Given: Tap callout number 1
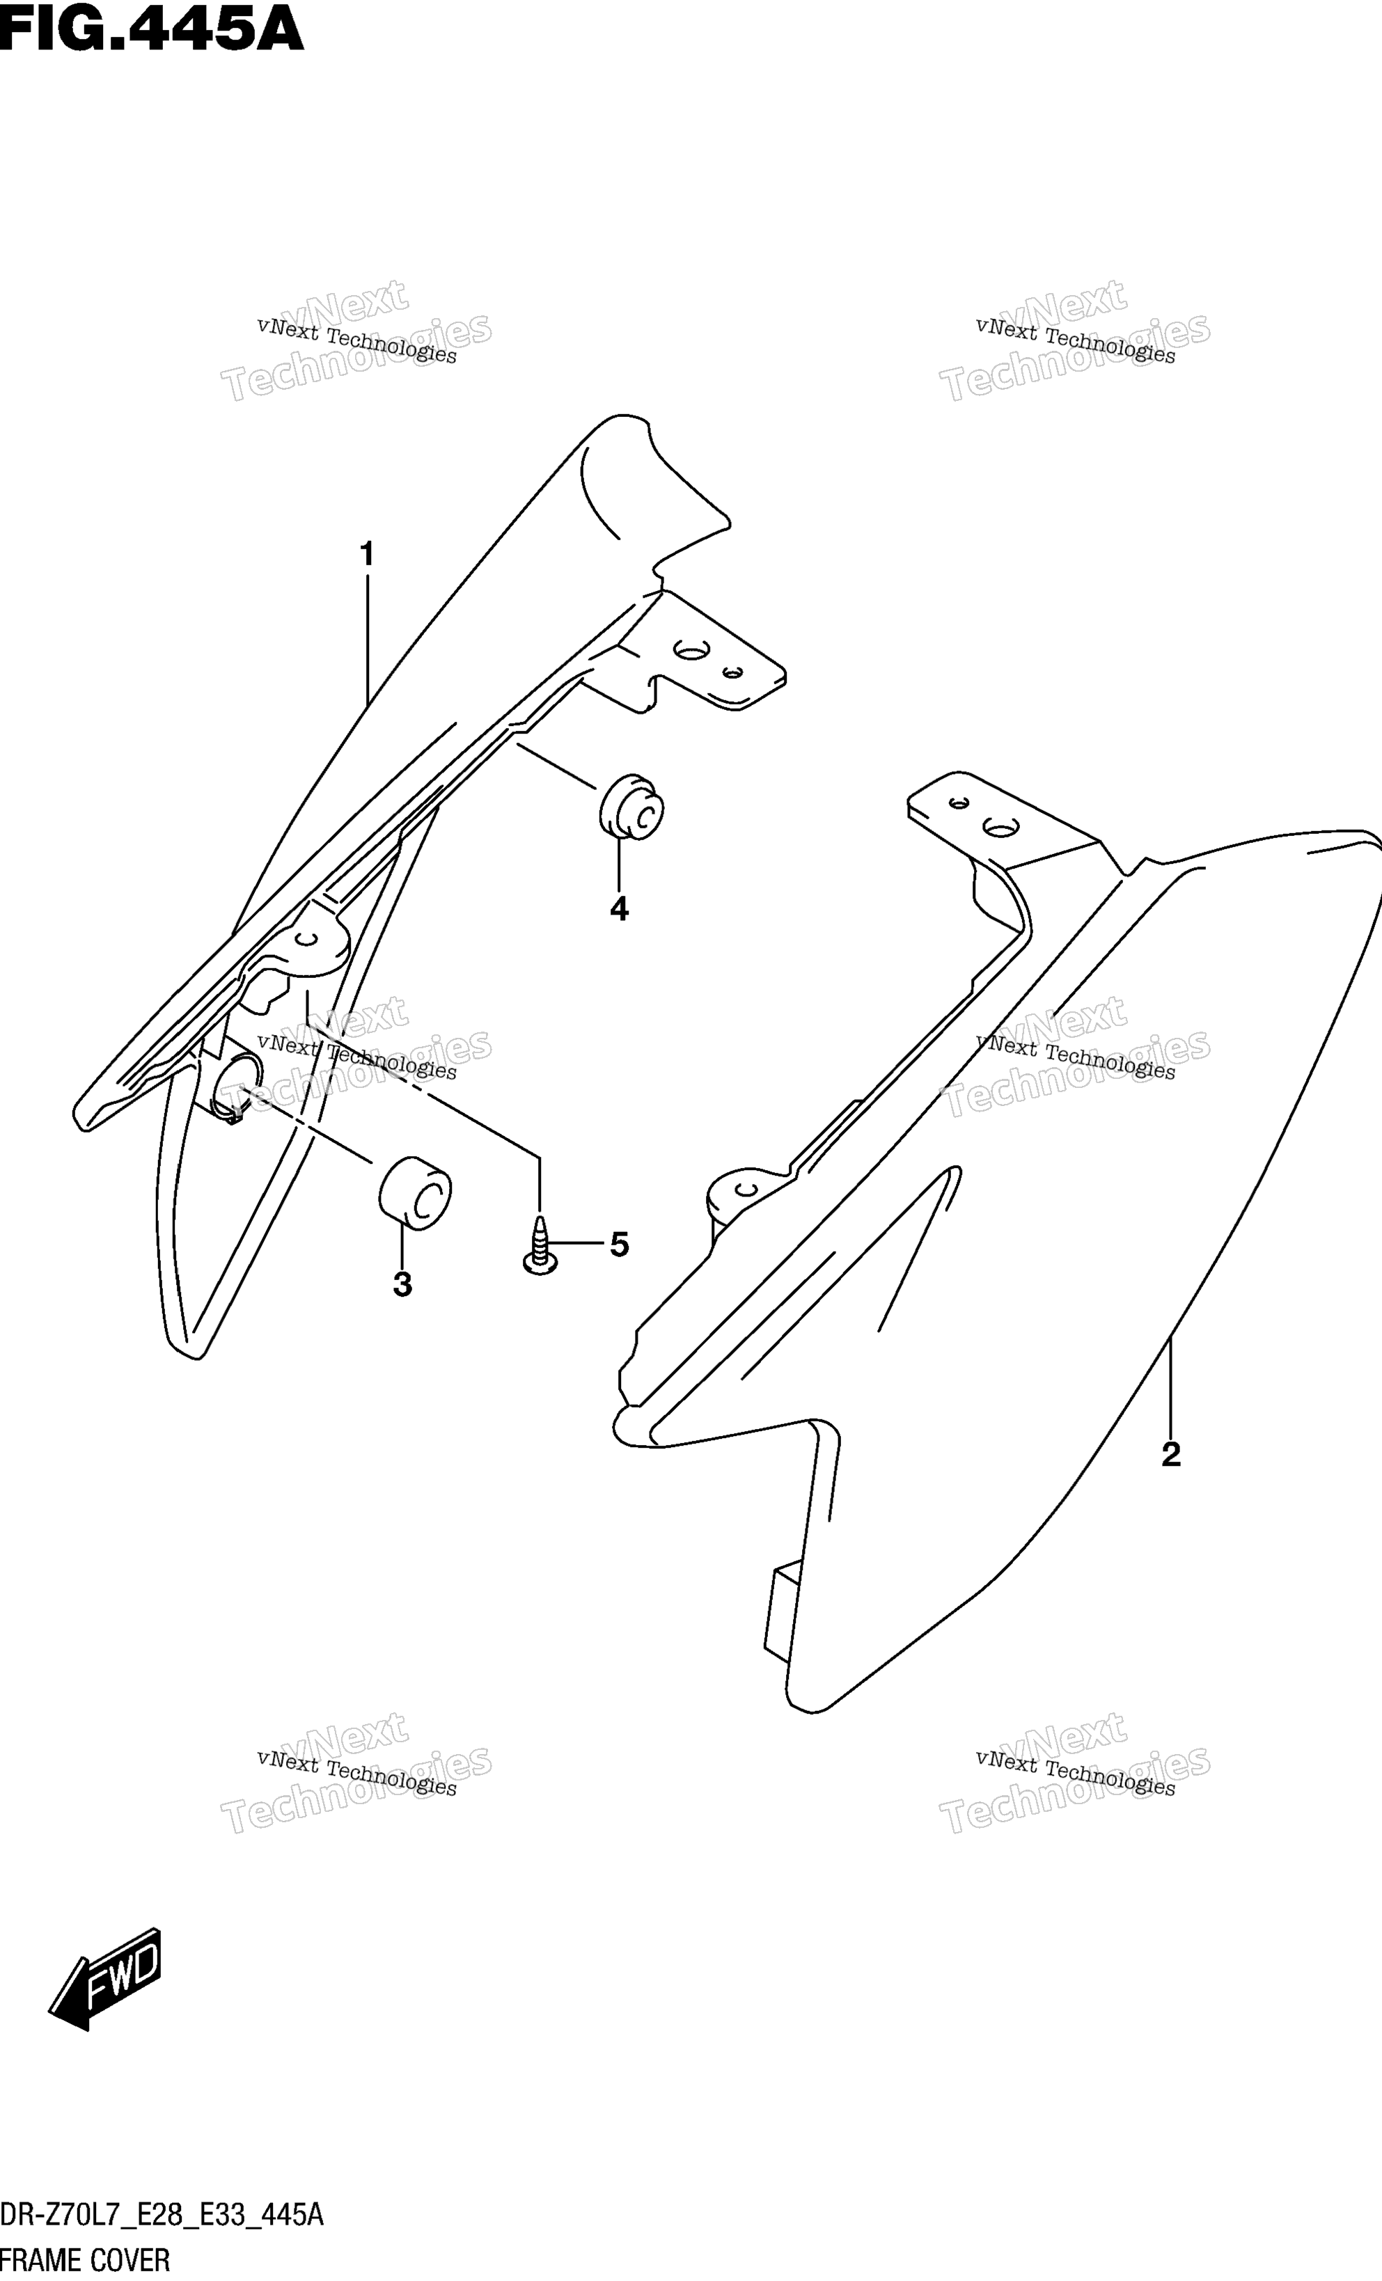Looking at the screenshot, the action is [366, 555].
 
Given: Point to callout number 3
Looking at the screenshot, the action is [402, 1284].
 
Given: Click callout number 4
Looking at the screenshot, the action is [619, 909].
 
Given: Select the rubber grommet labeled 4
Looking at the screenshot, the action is [632, 807].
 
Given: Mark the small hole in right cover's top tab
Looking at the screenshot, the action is [959, 803].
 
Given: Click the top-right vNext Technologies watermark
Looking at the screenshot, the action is [1075, 340].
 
